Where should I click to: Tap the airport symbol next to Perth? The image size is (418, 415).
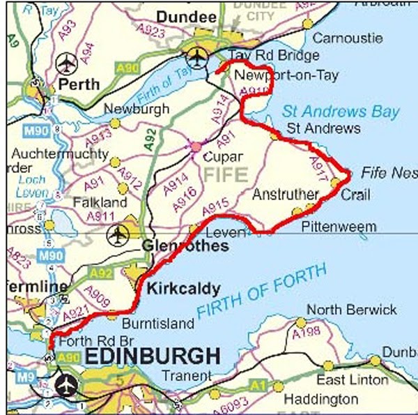coord(67,63)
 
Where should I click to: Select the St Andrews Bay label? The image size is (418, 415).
coord(341,112)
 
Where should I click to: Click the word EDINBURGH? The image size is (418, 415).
coord(153,356)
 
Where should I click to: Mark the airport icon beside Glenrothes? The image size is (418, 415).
coord(118,234)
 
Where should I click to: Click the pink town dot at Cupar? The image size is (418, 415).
coord(196,147)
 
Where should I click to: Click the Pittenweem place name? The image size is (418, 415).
coord(339,227)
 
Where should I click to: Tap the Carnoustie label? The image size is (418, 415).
coord(347,38)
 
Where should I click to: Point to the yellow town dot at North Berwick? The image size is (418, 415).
coord(300,322)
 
